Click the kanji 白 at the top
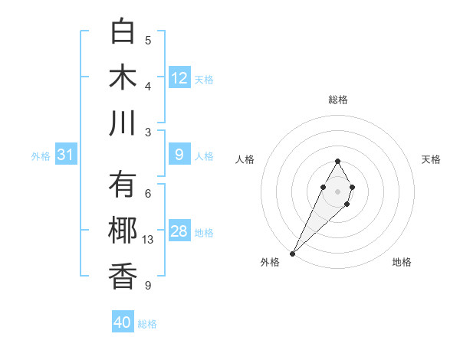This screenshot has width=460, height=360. click(x=123, y=31)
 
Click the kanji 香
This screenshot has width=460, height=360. click(x=123, y=277)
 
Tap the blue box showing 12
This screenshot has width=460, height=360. click(x=179, y=77)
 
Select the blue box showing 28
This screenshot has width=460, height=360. click(x=179, y=231)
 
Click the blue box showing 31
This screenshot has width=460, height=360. click(x=66, y=155)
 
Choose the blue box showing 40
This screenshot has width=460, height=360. click(x=123, y=322)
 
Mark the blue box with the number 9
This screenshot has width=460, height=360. click(x=179, y=155)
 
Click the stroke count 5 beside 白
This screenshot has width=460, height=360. click(x=148, y=41)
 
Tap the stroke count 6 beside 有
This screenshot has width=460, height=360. click(x=148, y=194)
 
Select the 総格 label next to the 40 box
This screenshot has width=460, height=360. click(x=148, y=324)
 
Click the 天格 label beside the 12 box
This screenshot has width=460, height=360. click(x=204, y=79)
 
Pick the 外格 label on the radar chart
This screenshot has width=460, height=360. click(x=270, y=262)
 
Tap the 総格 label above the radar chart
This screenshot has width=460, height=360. click(x=338, y=100)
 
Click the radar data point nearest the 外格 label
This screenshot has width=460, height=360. click(x=293, y=253)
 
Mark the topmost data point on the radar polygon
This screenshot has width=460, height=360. click(x=337, y=161)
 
